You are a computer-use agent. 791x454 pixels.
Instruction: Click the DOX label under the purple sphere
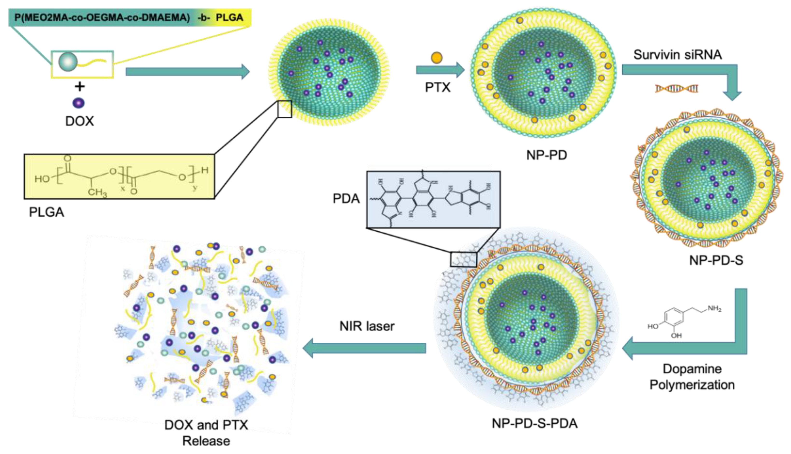click(x=79, y=121)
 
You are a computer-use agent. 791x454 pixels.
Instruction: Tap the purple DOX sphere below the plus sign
click(x=78, y=103)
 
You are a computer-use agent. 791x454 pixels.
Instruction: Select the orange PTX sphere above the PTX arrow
click(x=437, y=58)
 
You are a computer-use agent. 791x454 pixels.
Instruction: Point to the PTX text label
click(x=438, y=87)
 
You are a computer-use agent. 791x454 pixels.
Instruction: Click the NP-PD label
click(x=547, y=155)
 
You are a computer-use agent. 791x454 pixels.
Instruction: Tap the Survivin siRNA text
click(x=678, y=55)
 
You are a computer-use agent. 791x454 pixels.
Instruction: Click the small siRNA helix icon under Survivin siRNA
click(x=676, y=89)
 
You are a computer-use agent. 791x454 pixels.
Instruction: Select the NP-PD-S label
click(x=716, y=260)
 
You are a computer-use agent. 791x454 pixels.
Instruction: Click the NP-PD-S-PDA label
click(x=534, y=423)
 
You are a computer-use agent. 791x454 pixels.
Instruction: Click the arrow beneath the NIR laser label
click(x=365, y=348)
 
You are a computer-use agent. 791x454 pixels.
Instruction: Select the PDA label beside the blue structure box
click(x=346, y=198)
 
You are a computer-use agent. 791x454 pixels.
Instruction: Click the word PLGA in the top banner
click(x=230, y=17)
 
